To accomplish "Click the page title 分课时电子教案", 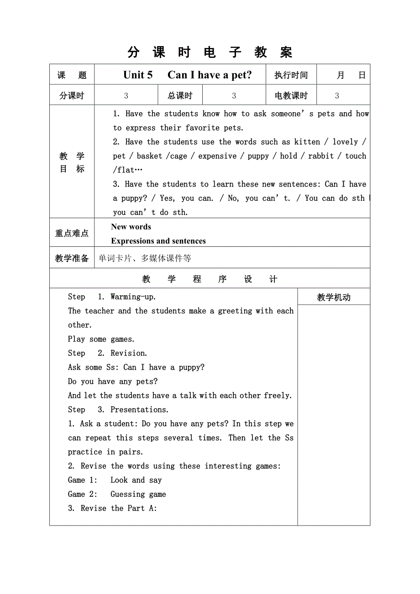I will click(x=210, y=52).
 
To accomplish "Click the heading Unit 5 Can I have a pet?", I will click(x=187, y=75).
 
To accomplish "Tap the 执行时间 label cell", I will click(x=291, y=75).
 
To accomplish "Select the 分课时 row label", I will click(x=72, y=96).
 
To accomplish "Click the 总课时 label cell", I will click(x=180, y=96).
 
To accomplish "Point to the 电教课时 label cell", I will click(x=291, y=96).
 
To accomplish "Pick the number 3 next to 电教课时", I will click(x=337, y=96).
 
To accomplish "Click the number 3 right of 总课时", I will click(x=234, y=96).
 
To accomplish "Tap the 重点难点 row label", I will click(x=72, y=233).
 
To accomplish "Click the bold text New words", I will click(x=131, y=227).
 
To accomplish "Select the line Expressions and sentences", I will click(x=158, y=241).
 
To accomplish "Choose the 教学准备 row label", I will click(x=72, y=258).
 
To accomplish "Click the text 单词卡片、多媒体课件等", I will click(x=145, y=259).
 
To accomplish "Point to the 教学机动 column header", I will click(x=334, y=297).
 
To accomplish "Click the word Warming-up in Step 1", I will click(x=133, y=297).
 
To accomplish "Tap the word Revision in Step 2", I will click(x=129, y=353).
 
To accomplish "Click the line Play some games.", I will click(x=101, y=339).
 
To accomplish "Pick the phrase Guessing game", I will click(x=138, y=494).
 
